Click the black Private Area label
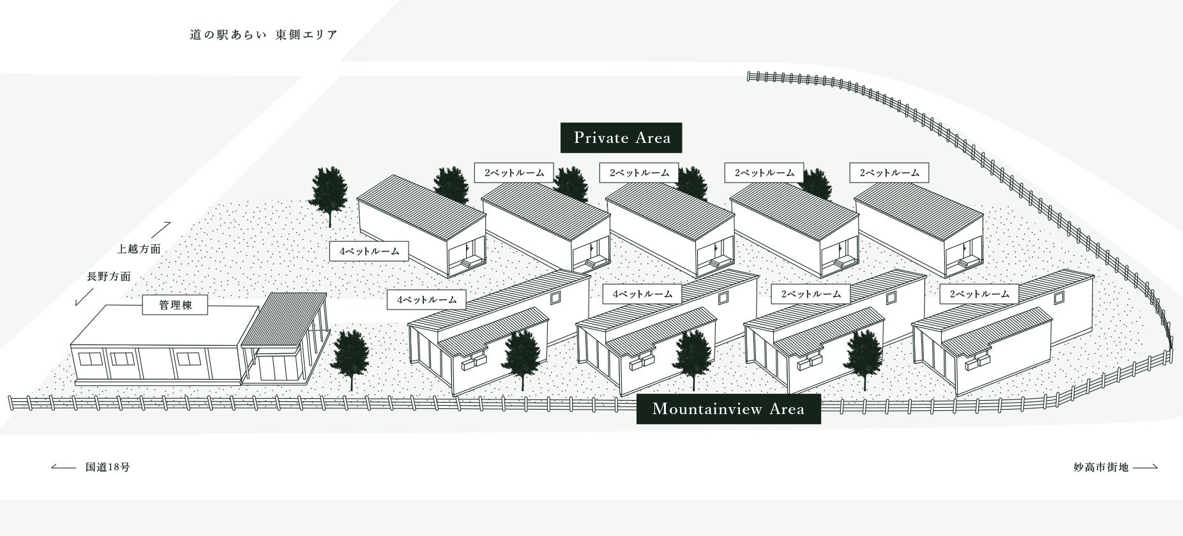(x=621, y=138)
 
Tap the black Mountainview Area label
(x=728, y=408)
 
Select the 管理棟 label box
(x=176, y=306)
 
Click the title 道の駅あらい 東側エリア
(x=263, y=35)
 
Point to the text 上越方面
(x=139, y=249)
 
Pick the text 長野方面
(x=109, y=277)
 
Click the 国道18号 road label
(x=108, y=467)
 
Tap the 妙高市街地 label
(x=1101, y=467)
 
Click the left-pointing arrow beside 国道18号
(x=64, y=467)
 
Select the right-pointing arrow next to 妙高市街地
(x=1145, y=467)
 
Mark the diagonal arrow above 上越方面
(x=160, y=230)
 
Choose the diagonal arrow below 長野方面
(x=84, y=297)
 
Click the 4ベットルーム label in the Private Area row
(x=369, y=251)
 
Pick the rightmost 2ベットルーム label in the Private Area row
(x=889, y=173)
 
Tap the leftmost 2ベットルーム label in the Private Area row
(x=514, y=173)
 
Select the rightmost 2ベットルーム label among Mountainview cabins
(x=979, y=294)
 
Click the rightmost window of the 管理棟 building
(x=188, y=359)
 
